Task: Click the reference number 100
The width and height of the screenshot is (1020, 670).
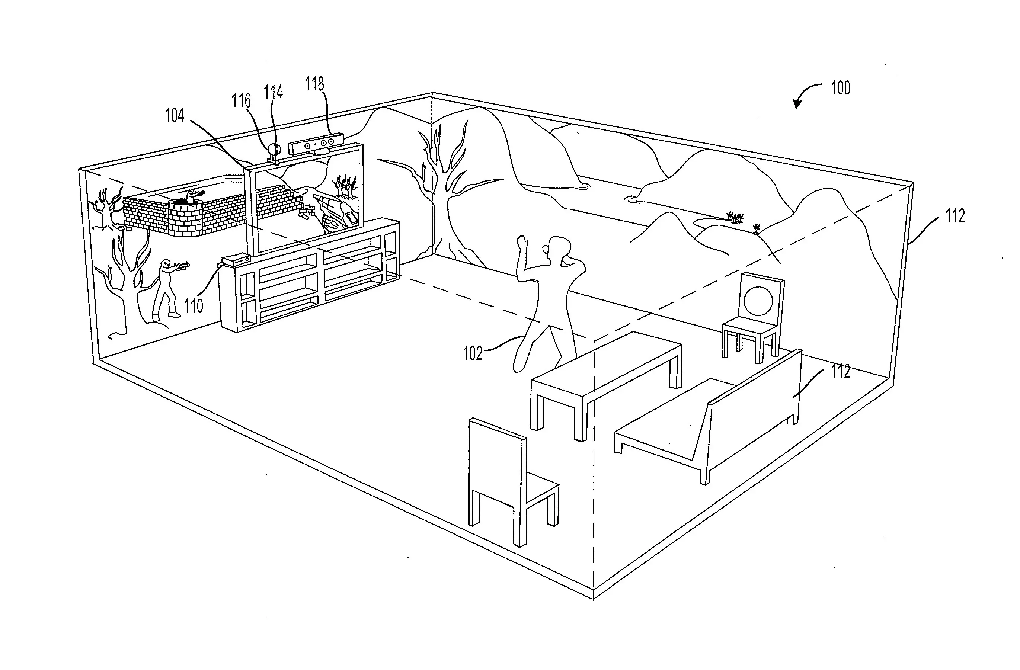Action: coord(840,88)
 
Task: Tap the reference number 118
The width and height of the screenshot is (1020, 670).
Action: coord(314,84)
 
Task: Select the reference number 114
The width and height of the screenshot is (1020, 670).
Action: coord(273,93)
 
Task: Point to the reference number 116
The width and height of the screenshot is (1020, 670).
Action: coord(241,101)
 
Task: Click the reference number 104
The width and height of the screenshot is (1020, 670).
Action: coord(175,116)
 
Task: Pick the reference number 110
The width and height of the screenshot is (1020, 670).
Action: coord(193,306)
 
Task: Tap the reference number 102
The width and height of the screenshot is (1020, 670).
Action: coord(473,353)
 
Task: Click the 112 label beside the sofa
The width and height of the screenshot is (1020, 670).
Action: coord(840,371)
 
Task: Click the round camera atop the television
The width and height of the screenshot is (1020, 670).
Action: coord(273,150)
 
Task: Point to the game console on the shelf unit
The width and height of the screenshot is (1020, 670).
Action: coord(236,260)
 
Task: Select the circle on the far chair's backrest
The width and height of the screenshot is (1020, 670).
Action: coord(758,300)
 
